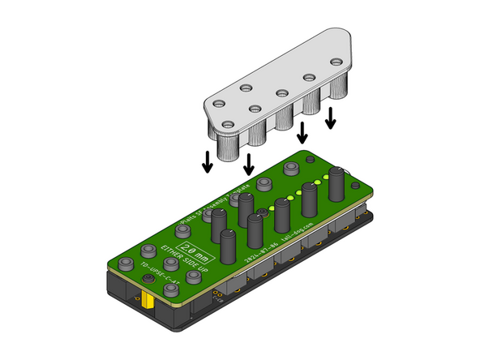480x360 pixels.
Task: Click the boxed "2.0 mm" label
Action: (x=196, y=250)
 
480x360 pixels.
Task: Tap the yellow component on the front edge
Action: (x=151, y=302)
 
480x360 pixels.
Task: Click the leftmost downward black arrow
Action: (x=208, y=161)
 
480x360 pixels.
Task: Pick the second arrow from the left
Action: (x=248, y=163)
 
